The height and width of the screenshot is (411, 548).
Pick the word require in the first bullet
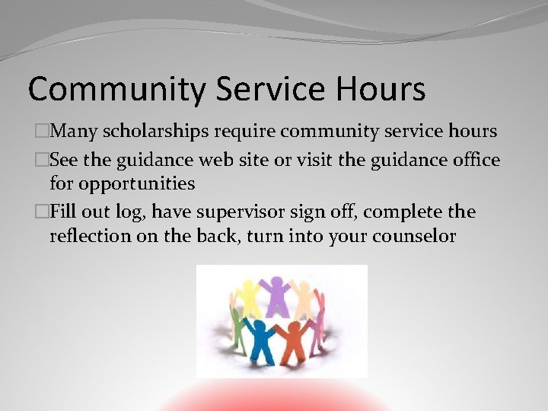244,132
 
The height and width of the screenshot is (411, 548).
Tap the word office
473,161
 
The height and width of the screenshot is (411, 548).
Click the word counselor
414,236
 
